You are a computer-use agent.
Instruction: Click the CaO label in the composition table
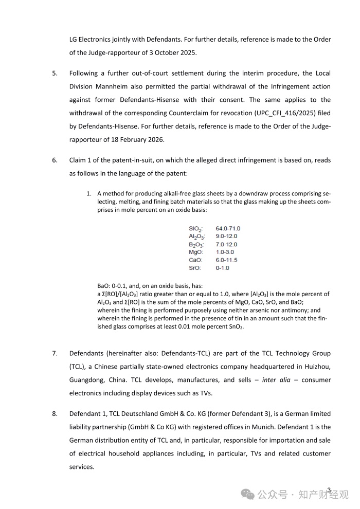point(195,260)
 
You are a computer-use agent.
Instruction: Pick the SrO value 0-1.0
point(222,268)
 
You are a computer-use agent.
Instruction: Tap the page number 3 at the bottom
point(329,490)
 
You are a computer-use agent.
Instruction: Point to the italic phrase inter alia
point(276,379)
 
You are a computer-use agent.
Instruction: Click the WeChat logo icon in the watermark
point(248,495)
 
